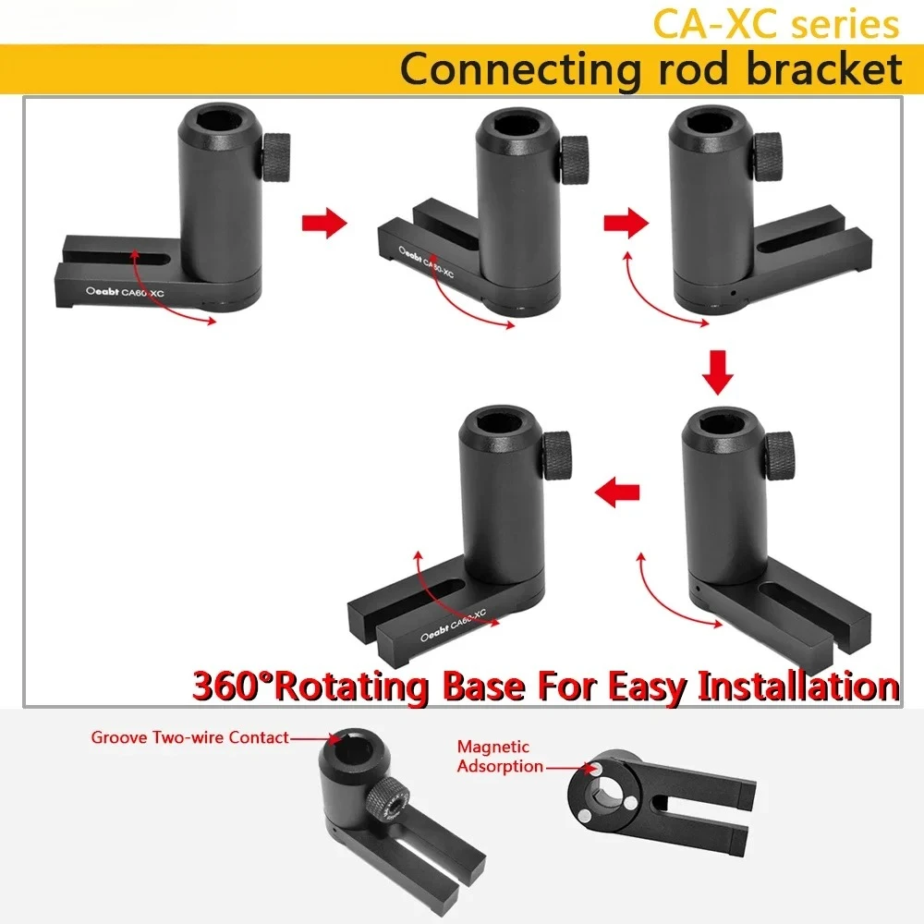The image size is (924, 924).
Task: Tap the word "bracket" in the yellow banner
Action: pos(824,68)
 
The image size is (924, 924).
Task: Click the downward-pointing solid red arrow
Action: pos(718,372)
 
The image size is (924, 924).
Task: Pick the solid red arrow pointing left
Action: pos(617,492)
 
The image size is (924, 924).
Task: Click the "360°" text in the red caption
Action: pos(235,687)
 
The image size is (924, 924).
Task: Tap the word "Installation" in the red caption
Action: pos(798,687)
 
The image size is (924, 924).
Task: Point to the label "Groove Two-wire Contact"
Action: pos(189,737)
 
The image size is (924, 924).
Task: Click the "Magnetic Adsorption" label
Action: pos(500,756)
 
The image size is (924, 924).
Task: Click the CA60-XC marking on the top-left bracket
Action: pos(142,292)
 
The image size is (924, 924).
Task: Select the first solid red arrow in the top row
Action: pos(324,223)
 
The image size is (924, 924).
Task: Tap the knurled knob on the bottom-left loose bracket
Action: pos(388,805)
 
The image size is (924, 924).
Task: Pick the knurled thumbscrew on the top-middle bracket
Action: pos(575,160)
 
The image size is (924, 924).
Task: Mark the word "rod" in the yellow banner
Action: pos(692,69)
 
